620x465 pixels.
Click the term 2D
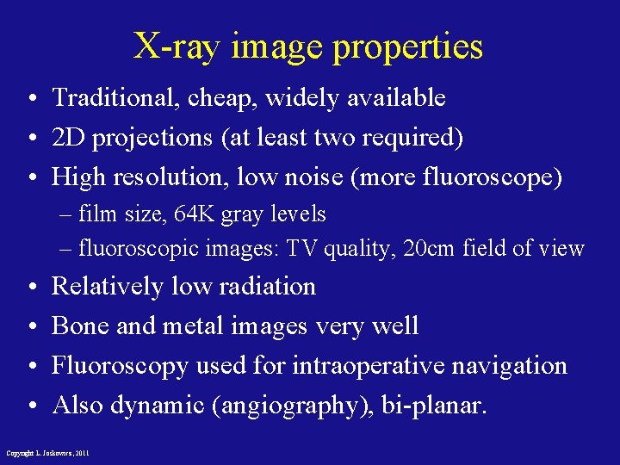point(69,138)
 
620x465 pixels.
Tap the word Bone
point(84,325)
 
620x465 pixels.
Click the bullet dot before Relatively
point(30,287)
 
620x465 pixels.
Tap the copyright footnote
point(47,452)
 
